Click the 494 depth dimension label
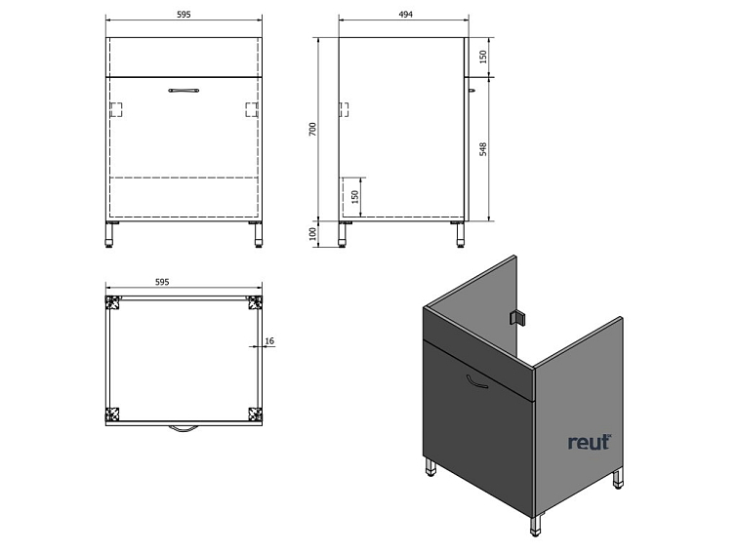tap(405, 15)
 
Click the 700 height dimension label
tap(313, 129)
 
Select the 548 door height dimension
tap(483, 149)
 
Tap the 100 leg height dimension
tap(313, 234)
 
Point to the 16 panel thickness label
tap(269, 340)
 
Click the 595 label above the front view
tap(184, 15)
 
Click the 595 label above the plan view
tap(162, 282)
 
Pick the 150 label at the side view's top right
tap(483, 58)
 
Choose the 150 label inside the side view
tap(355, 196)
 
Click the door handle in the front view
tap(184, 91)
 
